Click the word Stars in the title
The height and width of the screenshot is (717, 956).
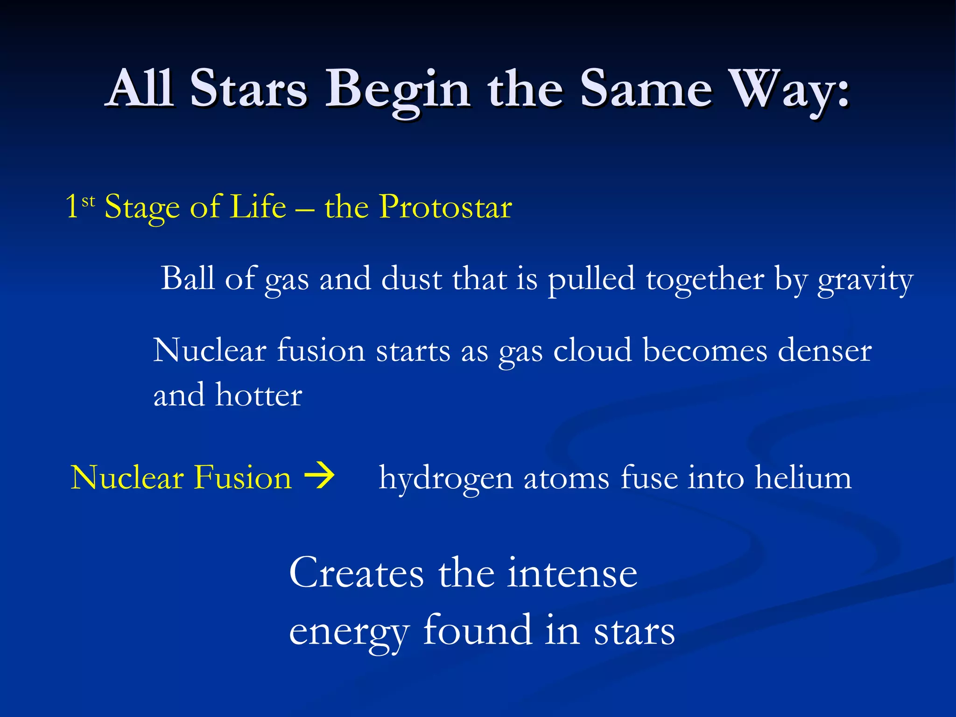click(248, 89)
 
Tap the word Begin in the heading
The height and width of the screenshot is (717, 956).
click(397, 91)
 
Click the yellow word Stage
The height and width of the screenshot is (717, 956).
click(142, 208)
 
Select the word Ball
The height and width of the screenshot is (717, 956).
click(188, 278)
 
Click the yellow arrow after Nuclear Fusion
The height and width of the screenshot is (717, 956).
click(319, 476)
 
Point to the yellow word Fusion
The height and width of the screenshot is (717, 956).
click(243, 478)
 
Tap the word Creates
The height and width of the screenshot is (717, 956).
click(356, 573)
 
